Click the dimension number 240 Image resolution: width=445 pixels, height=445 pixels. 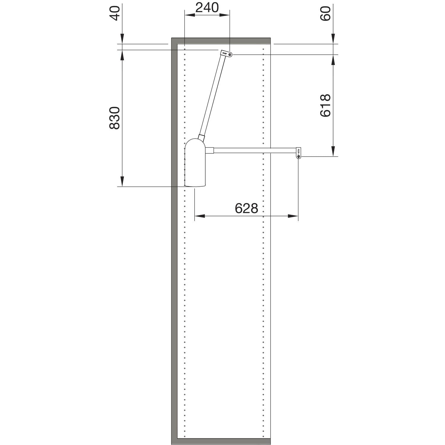(x=207, y=7)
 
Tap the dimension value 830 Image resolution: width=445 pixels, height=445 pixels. (x=115, y=118)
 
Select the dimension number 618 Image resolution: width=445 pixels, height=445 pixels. (x=325, y=105)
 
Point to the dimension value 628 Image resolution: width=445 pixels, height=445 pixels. (x=247, y=209)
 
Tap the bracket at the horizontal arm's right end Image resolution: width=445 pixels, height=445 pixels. (x=299, y=153)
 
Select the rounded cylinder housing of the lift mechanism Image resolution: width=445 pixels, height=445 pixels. (x=195, y=163)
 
